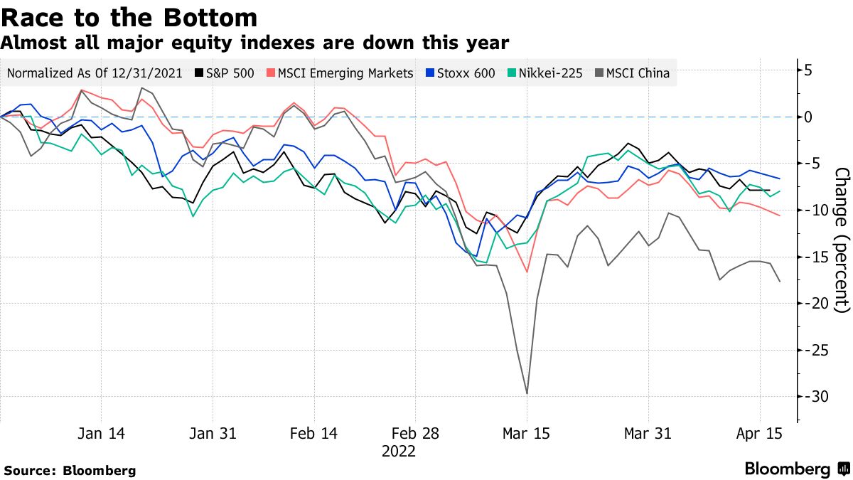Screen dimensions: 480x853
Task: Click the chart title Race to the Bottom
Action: click(x=129, y=16)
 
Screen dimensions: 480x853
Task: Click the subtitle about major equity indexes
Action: click(x=254, y=43)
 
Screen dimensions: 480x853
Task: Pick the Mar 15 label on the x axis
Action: click(x=527, y=434)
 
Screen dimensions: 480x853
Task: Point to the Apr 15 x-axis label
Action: click(x=760, y=434)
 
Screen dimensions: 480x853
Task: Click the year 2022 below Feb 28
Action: click(x=399, y=451)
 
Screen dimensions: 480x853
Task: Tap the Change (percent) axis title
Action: click(x=841, y=240)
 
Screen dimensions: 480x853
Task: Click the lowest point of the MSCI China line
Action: click(x=527, y=393)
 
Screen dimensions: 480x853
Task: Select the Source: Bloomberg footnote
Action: click(x=70, y=470)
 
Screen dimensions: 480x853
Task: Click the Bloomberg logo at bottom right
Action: click(x=796, y=469)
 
